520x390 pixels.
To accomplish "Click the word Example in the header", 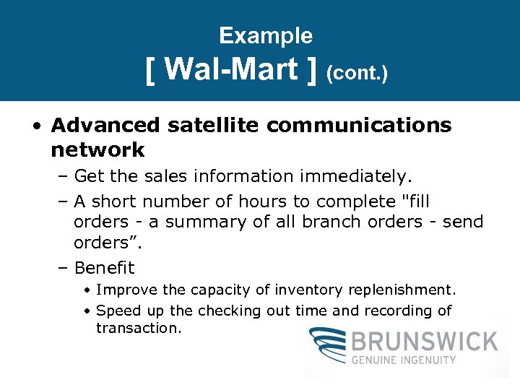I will pos(266,35).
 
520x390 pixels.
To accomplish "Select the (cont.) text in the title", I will pos(357,74).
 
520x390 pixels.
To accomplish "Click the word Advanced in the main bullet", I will pos(105,125).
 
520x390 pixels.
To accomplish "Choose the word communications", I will pos(359,125).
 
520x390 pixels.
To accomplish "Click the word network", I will pos(97,149).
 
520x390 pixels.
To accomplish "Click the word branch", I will pos(329,222).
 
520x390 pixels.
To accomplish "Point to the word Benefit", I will pos(104,268).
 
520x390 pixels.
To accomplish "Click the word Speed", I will pos(114,311).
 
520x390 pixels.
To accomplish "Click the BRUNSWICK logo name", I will pos(425,341).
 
